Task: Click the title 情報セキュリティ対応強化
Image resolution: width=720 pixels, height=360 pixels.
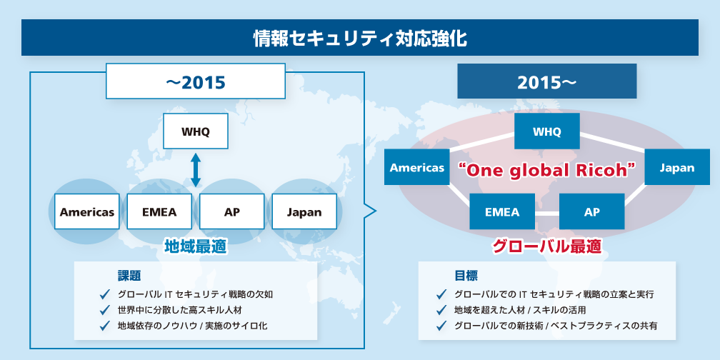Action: pyautogui.click(x=360, y=39)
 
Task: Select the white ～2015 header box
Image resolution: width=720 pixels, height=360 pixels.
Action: pyautogui.click(x=196, y=81)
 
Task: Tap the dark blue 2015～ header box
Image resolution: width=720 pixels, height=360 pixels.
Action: pyautogui.click(x=546, y=81)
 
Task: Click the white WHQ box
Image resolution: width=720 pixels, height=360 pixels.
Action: pyautogui.click(x=196, y=131)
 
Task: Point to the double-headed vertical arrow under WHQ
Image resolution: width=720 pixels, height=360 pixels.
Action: pyautogui.click(x=196, y=170)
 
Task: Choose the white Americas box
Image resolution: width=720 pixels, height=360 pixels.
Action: pyautogui.click(x=87, y=211)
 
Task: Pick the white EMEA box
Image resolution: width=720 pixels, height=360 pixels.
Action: pyautogui.click(x=159, y=211)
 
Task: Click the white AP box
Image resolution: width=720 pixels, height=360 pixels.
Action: pyautogui.click(x=232, y=211)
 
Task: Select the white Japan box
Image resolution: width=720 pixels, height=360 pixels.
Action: pyautogui.click(x=304, y=211)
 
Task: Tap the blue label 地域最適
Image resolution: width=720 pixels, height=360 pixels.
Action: pyautogui.click(x=196, y=247)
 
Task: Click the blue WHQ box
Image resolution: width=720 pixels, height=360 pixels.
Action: pyautogui.click(x=547, y=131)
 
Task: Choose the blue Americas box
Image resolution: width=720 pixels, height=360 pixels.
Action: pyautogui.click(x=417, y=167)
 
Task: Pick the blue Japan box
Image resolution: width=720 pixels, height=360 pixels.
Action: pyautogui.click(x=677, y=167)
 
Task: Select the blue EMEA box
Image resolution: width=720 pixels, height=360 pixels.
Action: pyautogui.click(x=502, y=211)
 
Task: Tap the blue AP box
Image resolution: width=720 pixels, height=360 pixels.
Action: pyautogui.click(x=592, y=211)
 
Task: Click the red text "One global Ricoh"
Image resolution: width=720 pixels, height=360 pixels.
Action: pyautogui.click(x=547, y=170)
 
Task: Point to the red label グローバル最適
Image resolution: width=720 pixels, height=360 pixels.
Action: pyautogui.click(x=546, y=247)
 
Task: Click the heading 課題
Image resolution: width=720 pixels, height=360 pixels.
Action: pyautogui.click(x=129, y=276)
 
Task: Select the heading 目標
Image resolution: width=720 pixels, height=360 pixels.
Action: pyautogui.click(x=466, y=276)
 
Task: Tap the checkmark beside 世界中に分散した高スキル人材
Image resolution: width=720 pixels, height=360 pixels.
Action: pyautogui.click(x=106, y=309)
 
